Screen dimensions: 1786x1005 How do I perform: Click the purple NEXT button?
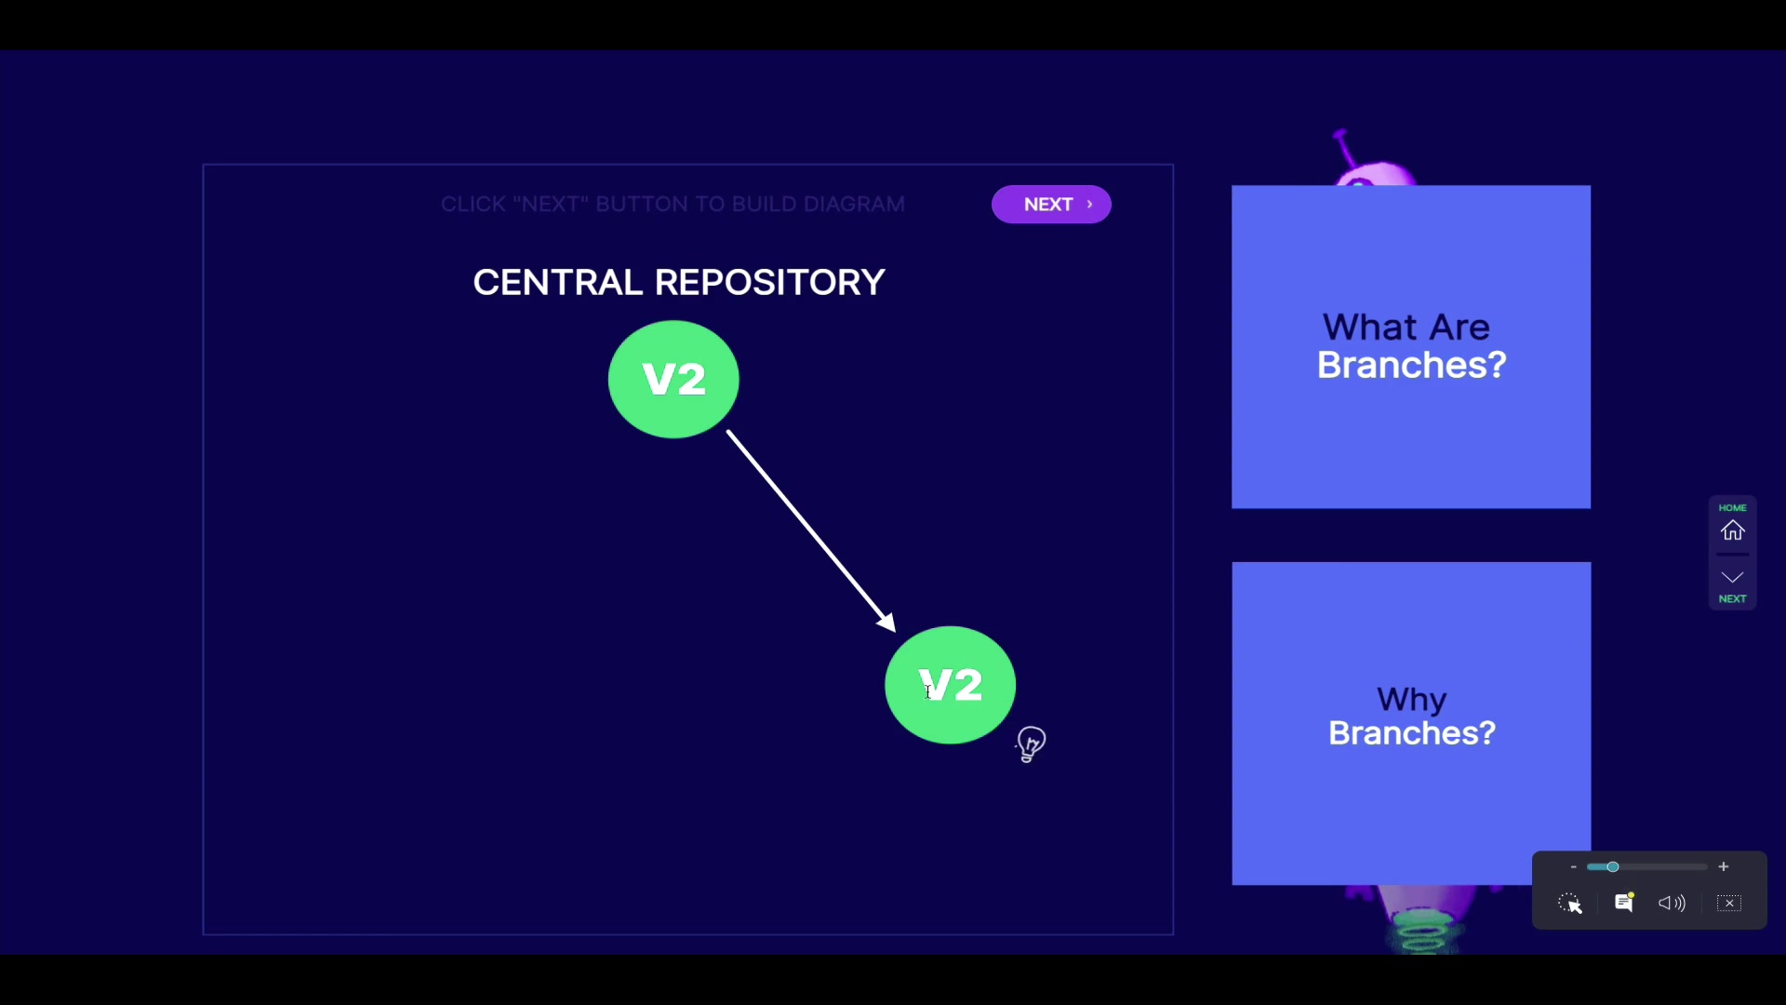pyautogui.click(x=1051, y=205)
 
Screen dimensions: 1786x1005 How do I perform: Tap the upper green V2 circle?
pyautogui.click(x=673, y=380)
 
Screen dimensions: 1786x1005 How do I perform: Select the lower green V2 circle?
pyautogui.click(x=950, y=685)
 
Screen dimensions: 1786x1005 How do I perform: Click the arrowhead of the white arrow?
pyautogui.click(x=887, y=623)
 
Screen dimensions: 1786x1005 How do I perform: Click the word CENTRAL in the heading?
pyautogui.click(x=557, y=283)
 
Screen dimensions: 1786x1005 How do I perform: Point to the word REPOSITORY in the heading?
pyautogui.click(x=770, y=283)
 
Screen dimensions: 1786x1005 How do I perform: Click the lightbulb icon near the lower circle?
pyautogui.click(x=1031, y=744)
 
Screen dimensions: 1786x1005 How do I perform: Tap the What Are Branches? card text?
pyautogui.click(x=1411, y=346)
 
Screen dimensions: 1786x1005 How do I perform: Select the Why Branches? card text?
pyautogui.click(x=1412, y=717)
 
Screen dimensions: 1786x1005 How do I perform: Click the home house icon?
pyautogui.click(x=1732, y=530)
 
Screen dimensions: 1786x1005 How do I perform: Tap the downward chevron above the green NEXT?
pyautogui.click(x=1732, y=577)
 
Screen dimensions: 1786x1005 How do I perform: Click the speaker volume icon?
pyautogui.click(x=1672, y=903)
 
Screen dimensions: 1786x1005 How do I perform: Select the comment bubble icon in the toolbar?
pyautogui.click(x=1624, y=903)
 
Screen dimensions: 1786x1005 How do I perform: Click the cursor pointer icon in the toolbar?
pyautogui.click(x=1570, y=904)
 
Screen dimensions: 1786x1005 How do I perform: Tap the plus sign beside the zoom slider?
pyautogui.click(x=1724, y=867)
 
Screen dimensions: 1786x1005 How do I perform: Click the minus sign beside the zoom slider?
pyautogui.click(x=1573, y=867)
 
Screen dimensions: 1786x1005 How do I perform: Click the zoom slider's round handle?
pyautogui.click(x=1613, y=867)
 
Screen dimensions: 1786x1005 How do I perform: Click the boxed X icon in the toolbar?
pyautogui.click(x=1729, y=904)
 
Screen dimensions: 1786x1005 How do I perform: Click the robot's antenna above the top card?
pyautogui.click(x=1343, y=149)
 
